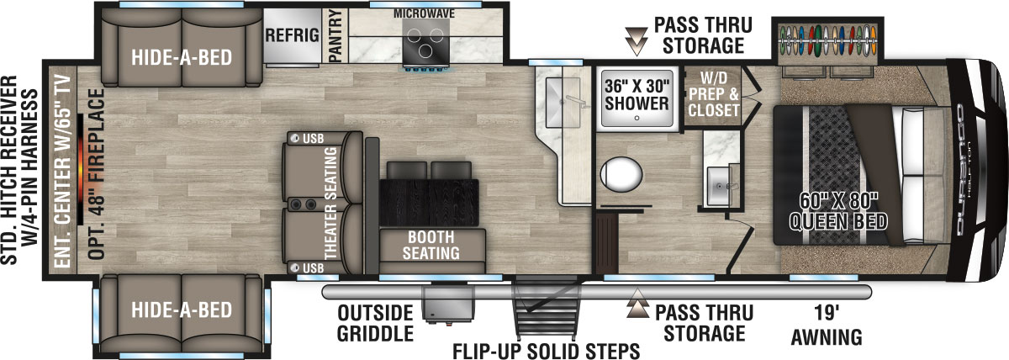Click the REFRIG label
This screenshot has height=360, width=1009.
pos(292,35)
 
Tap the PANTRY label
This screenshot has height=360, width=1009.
pos(335,36)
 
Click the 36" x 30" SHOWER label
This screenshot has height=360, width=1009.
pos(637,93)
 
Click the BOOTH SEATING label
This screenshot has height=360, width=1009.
pos(432,244)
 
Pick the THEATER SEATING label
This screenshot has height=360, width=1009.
pos(330,203)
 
